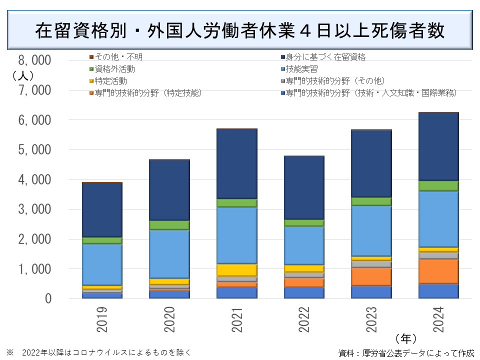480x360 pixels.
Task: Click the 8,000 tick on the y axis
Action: coord(34,60)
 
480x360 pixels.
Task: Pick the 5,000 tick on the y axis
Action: coord(34,150)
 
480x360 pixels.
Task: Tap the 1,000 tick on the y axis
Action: coord(34,269)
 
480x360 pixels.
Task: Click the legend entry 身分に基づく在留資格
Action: coord(325,57)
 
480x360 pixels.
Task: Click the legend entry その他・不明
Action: coord(118,57)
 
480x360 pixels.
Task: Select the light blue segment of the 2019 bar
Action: coord(102,264)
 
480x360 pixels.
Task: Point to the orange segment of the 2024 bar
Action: coord(438,270)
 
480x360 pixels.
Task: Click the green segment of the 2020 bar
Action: coord(169,225)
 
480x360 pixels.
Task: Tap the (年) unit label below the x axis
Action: coord(405,338)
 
